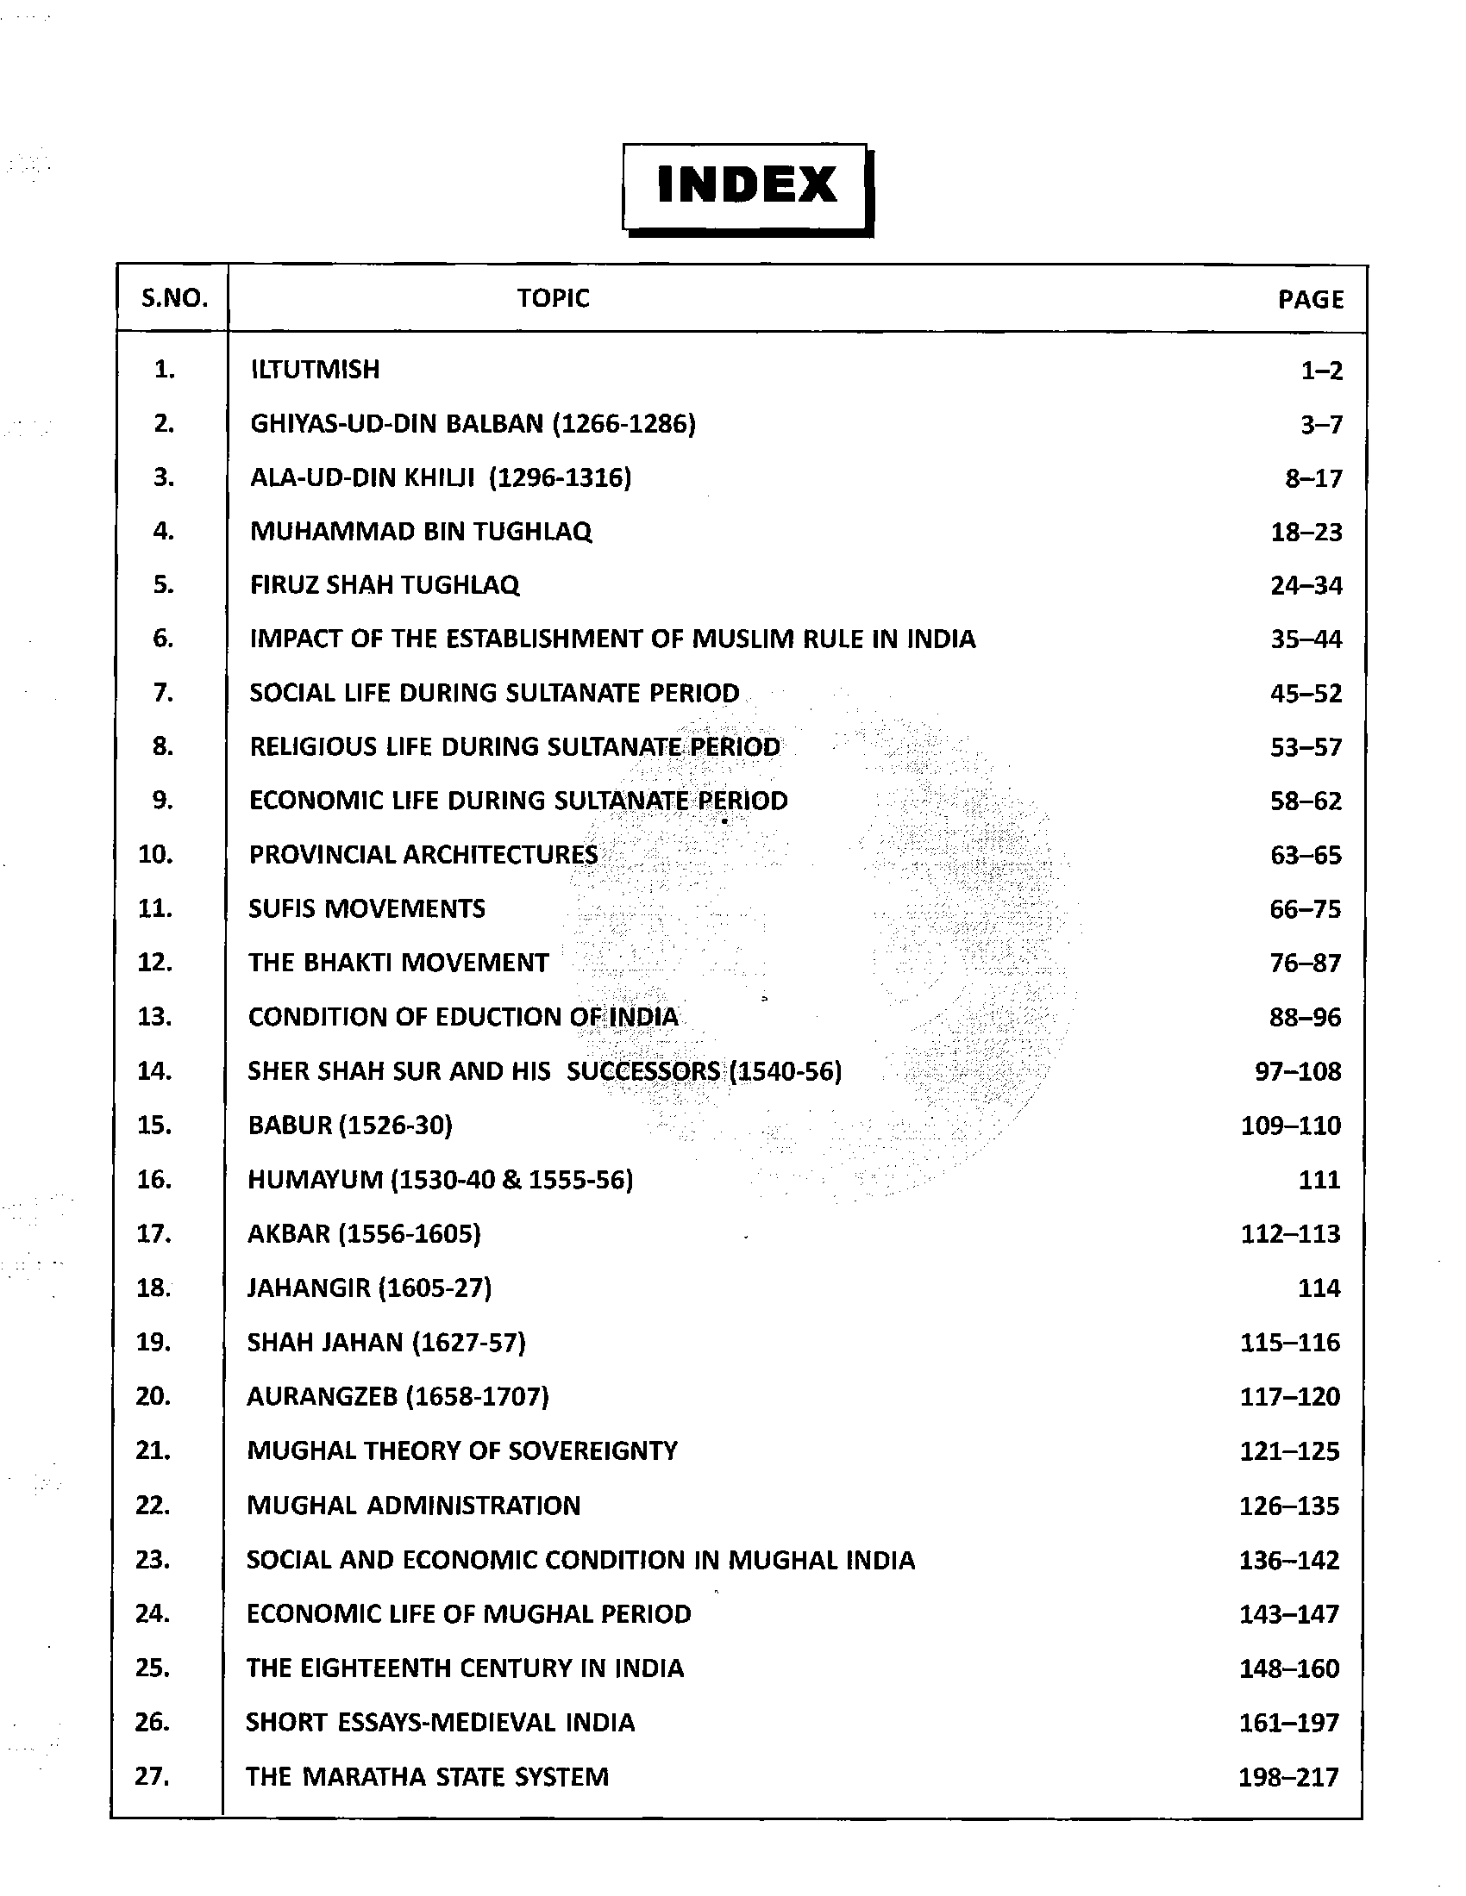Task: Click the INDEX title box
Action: (747, 187)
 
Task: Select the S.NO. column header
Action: (174, 299)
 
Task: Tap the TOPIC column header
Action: (554, 298)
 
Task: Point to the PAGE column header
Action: (1310, 300)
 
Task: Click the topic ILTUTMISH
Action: (316, 370)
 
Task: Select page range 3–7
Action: (1317, 425)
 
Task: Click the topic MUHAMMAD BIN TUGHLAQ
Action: (421, 531)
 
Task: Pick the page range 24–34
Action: (1306, 586)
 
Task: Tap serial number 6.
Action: (163, 639)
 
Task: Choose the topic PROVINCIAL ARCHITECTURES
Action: (423, 854)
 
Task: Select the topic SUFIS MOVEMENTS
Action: (366, 909)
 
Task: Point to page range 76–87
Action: (1305, 963)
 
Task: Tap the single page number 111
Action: (1319, 1180)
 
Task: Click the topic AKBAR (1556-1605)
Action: (364, 1233)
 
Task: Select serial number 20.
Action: (153, 1396)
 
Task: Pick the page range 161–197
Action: (1289, 1723)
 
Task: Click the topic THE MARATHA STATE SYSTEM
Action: (427, 1776)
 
